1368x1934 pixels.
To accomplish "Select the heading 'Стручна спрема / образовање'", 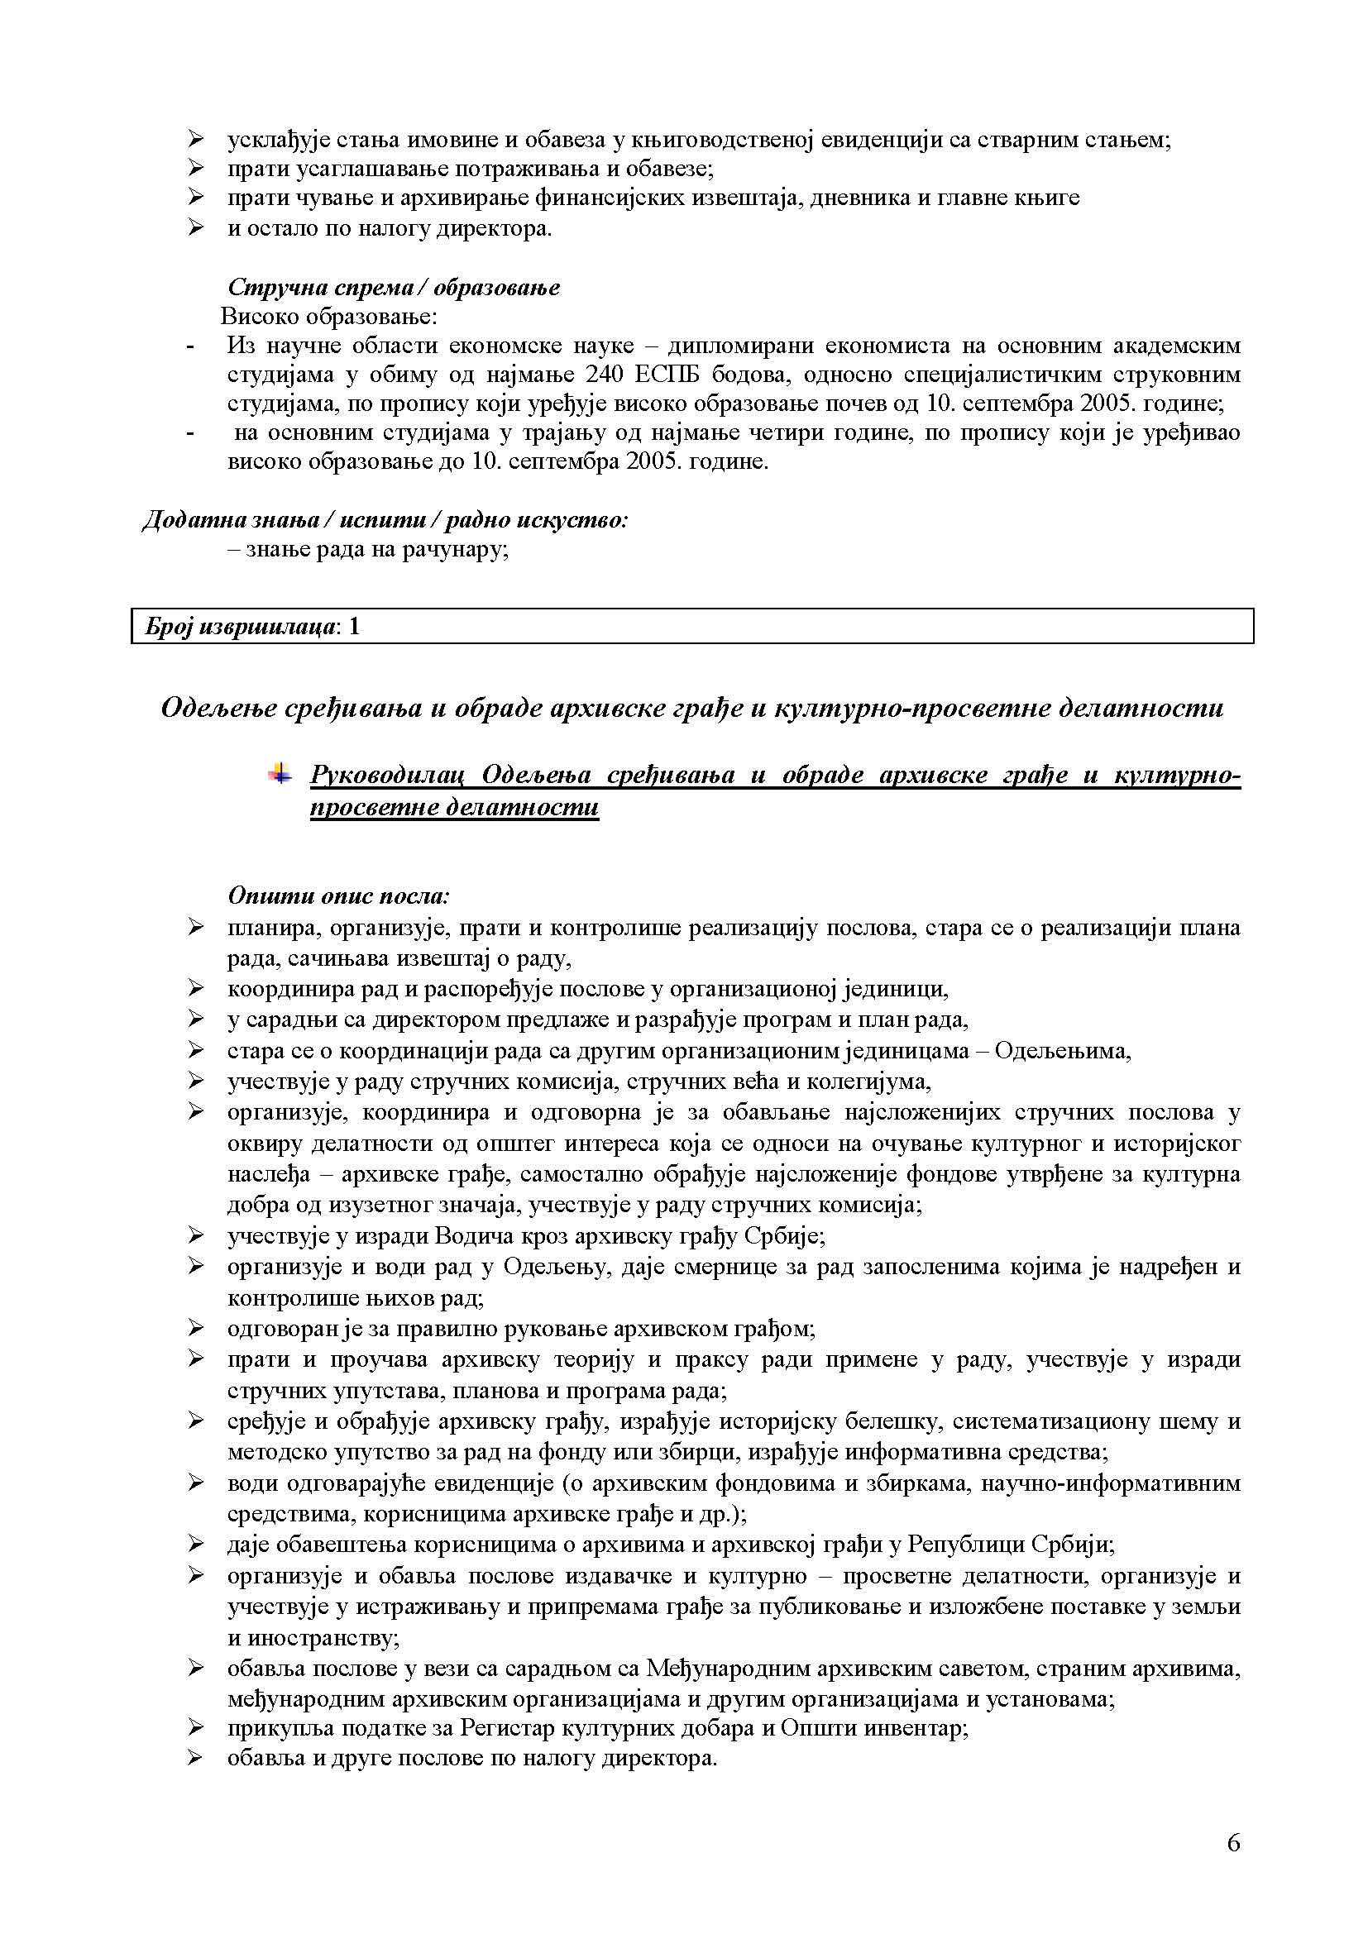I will pyautogui.click(x=394, y=287).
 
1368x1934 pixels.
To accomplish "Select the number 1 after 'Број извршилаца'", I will pyautogui.click(x=354, y=627).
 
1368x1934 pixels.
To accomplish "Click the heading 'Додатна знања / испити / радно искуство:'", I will pyautogui.click(x=385, y=520).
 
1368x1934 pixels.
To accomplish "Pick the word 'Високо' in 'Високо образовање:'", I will pyautogui.click(x=261, y=318).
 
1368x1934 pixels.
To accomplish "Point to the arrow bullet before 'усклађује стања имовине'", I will pyautogui.click(x=196, y=138).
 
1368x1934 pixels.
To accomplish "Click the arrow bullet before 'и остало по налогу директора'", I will pyautogui.click(x=196, y=227).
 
